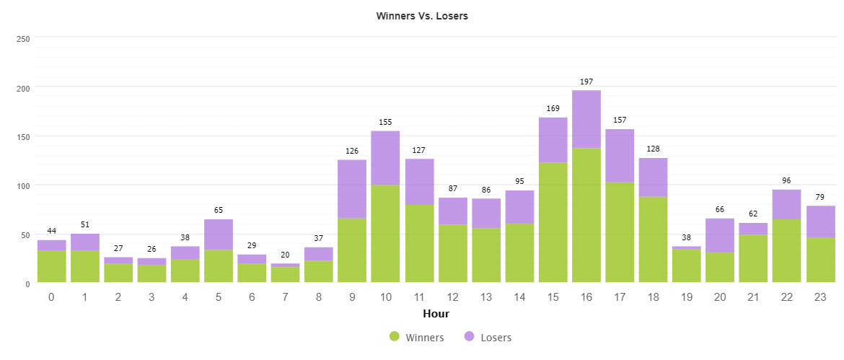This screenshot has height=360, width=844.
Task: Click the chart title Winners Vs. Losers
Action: (422, 16)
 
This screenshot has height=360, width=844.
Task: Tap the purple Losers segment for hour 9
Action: (352, 189)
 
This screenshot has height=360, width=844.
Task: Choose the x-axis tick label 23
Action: (820, 297)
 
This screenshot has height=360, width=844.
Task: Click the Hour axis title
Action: (436, 314)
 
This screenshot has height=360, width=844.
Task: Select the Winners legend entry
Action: (417, 337)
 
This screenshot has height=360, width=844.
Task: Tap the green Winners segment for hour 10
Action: (385, 234)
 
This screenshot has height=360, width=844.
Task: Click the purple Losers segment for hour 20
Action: (720, 235)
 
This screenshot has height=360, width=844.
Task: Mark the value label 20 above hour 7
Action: (285, 255)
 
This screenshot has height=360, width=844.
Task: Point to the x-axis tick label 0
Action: (52, 297)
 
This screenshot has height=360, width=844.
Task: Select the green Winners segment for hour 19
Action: (687, 265)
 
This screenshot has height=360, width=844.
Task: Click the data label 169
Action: (553, 109)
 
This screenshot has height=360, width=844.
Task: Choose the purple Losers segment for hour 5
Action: (219, 234)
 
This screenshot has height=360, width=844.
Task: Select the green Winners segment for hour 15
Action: (553, 222)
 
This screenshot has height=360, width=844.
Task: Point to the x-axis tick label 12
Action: (452, 297)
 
